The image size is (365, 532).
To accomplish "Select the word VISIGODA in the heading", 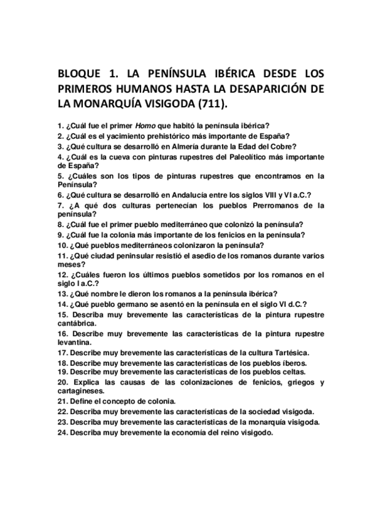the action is [x=162, y=102].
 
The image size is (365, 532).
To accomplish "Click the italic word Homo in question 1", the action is [x=144, y=125].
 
